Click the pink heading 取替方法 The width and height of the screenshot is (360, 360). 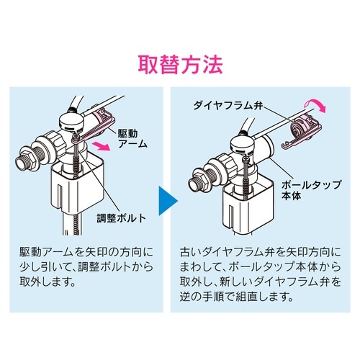pyautogui.click(x=180, y=63)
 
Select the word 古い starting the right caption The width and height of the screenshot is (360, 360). pyautogui.click(x=191, y=253)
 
